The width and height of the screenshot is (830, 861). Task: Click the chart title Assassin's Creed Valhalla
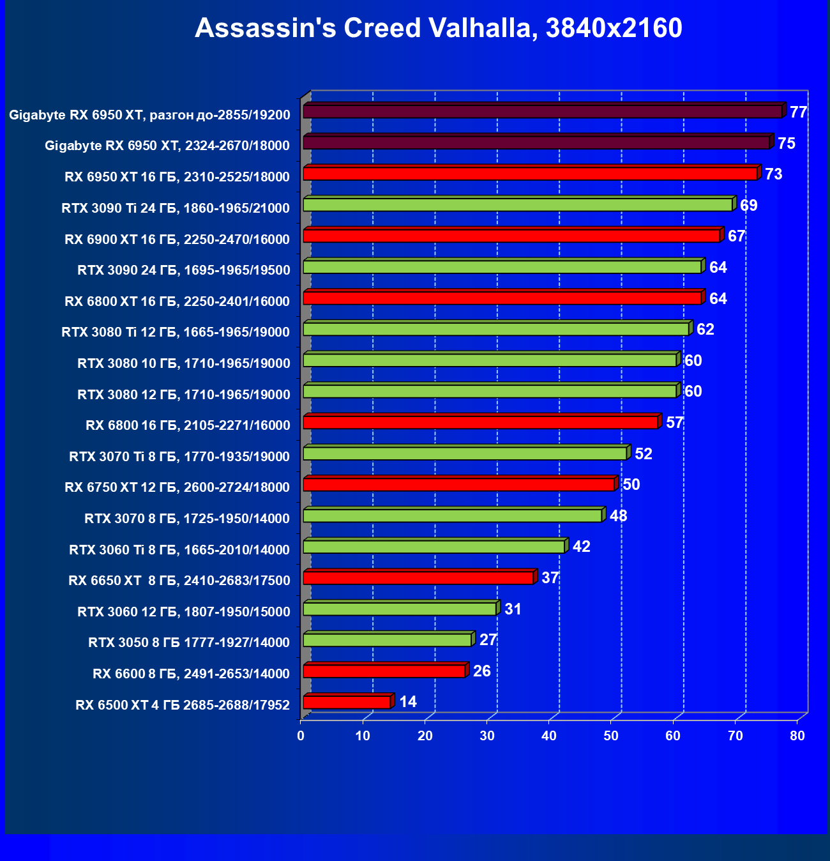(x=438, y=28)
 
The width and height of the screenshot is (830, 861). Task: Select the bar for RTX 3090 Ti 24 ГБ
(x=517, y=205)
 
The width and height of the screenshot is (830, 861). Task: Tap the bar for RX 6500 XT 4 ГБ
(x=347, y=703)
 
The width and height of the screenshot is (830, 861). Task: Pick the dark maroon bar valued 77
(x=543, y=112)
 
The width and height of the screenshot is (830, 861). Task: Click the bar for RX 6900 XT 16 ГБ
(x=511, y=236)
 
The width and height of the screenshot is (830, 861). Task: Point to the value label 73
(x=773, y=174)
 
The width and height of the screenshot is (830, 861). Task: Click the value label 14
(x=408, y=702)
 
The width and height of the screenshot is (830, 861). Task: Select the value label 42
(x=582, y=547)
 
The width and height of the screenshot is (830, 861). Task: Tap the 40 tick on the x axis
(x=549, y=736)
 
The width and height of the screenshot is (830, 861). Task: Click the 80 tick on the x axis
(x=797, y=736)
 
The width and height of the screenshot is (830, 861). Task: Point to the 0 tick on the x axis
(x=301, y=736)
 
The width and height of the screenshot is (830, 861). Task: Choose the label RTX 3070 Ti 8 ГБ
(x=179, y=457)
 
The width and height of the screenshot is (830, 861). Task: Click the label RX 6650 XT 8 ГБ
(x=179, y=581)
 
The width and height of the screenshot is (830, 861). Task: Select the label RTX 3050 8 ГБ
(x=189, y=643)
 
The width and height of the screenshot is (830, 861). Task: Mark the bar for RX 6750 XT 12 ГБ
(x=458, y=485)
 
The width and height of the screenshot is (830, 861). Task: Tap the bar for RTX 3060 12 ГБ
(x=400, y=609)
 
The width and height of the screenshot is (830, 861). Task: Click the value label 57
(x=675, y=423)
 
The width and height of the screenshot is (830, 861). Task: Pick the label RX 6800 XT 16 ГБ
(x=177, y=301)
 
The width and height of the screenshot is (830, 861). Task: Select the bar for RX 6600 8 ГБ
(x=384, y=671)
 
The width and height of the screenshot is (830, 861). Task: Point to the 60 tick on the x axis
(x=673, y=736)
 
